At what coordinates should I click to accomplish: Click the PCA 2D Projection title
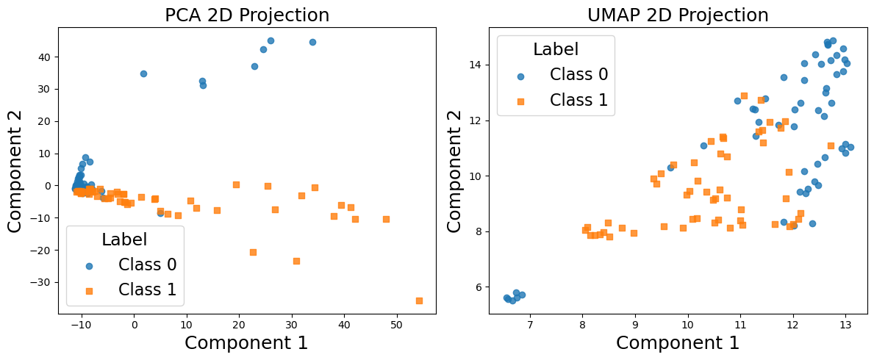coord(247,15)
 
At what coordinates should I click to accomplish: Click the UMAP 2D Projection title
coord(678,15)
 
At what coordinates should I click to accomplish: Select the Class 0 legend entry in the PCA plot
coord(147,265)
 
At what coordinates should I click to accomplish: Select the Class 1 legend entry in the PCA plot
coord(147,290)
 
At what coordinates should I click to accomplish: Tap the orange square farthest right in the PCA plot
coord(419,300)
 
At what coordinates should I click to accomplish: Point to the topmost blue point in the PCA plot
coord(271,41)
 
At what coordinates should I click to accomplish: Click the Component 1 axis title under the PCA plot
coord(246,343)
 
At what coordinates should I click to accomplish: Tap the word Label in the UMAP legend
coord(556,50)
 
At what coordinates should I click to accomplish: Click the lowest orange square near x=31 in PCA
coord(296,261)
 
